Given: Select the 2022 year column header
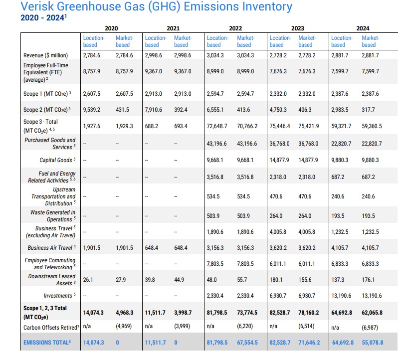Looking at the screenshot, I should point(235,28).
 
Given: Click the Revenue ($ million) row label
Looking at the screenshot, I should point(46,55).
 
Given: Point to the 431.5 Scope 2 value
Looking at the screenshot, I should point(122,110).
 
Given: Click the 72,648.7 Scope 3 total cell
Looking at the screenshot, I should point(217,126).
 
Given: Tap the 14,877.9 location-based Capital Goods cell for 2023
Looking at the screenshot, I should point(280,160).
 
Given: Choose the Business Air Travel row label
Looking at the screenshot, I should point(52,248).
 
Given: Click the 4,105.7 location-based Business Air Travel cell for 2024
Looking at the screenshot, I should point(341,248).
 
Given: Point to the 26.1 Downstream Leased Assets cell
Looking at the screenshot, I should point(88,280).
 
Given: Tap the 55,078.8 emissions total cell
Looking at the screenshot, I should point(372,343).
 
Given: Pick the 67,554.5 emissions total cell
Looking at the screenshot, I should point(247,343).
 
